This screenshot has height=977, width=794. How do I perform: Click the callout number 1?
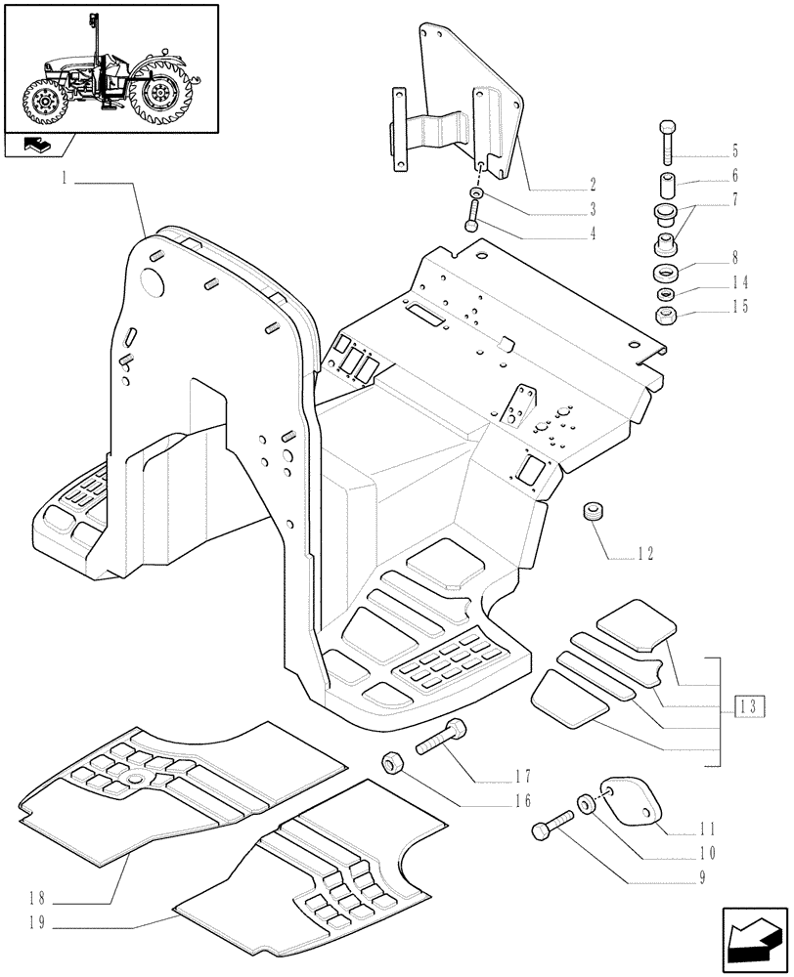point(65,179)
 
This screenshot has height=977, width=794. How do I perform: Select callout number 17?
point(521,778)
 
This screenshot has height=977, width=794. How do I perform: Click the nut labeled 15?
point(666,316)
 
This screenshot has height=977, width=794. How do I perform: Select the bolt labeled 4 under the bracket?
point(473,212)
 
